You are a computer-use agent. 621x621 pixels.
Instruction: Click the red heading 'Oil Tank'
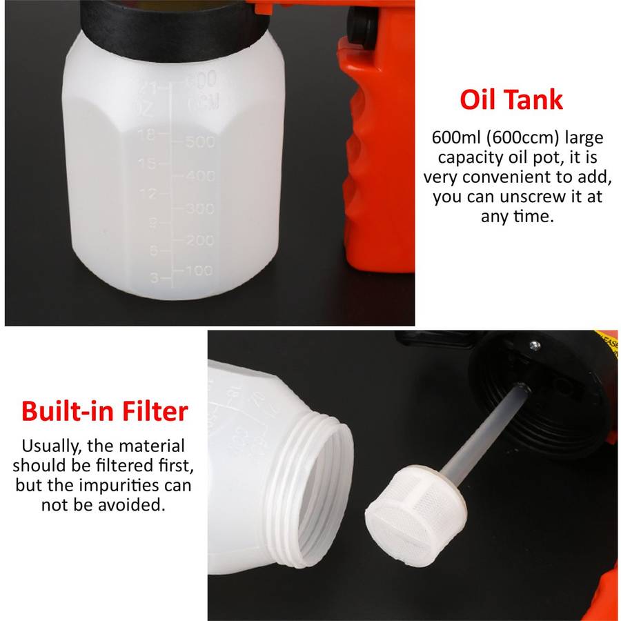click(x=511, y=99)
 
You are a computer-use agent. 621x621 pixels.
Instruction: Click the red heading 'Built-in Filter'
click(x=105, y=411)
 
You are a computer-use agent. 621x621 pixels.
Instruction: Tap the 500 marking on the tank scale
click(x=200, y=141)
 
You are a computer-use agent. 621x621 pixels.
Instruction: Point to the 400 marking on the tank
click(x=200, y=175)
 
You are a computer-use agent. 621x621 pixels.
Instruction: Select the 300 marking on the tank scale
click(x=200, y=208)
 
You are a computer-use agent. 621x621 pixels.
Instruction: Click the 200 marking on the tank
click(x=200, y=240)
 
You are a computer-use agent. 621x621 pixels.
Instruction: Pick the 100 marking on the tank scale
click(x=199, y=270)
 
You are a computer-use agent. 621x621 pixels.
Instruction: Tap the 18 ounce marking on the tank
click(x=147, y=135)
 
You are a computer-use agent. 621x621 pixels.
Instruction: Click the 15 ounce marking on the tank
click(x=147, y=163)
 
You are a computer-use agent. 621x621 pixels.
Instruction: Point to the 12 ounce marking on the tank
click(x=148, y=193)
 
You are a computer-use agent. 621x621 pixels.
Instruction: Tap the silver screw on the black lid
click(x=535, y=346)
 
